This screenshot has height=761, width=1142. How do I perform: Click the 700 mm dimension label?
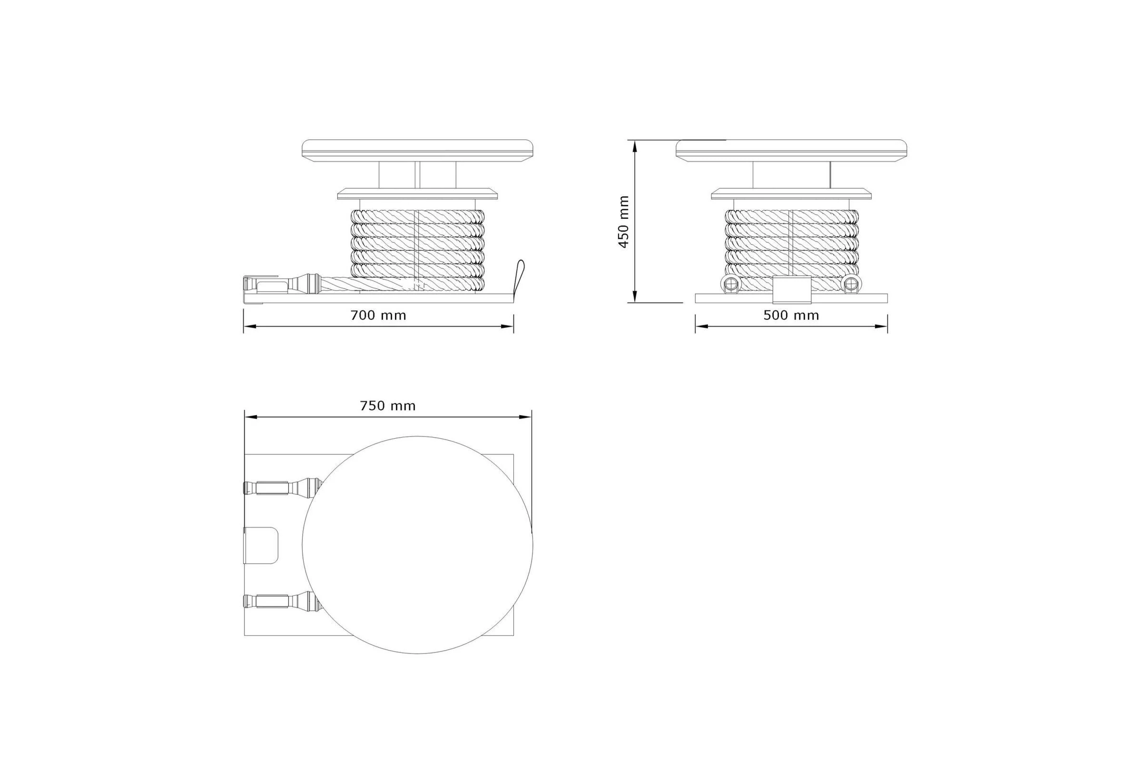coord(378,315)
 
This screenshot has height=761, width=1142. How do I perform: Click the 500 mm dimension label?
coord(791,315)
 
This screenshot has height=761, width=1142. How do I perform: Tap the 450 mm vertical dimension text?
coord(624,222)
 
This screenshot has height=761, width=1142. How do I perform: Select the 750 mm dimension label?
coord(388,406)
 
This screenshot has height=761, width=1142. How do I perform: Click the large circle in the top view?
coord(418,436)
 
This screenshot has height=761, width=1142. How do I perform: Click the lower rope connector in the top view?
coord(282,601)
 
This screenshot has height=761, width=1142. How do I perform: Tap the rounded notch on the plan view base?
coord(261,545)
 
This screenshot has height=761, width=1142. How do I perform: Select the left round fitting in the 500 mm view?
coord(731,284)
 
